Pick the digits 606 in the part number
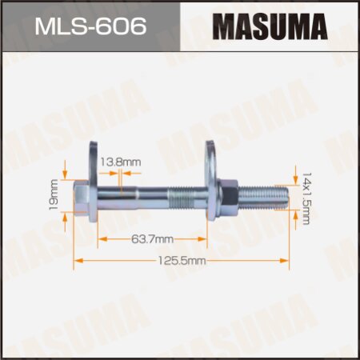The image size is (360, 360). [x=124, y=27]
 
